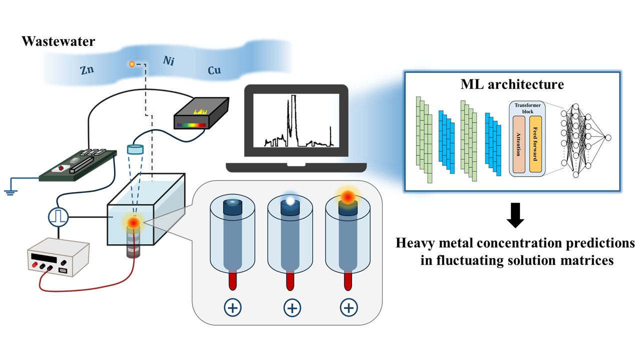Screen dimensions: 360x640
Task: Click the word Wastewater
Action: click(58, 41)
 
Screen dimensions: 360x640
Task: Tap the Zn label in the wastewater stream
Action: click(87, 70)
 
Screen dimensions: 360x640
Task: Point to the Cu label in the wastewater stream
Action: click(214, 71)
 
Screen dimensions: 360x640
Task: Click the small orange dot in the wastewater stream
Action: click(132, 64)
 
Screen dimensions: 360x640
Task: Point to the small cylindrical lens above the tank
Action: click(135, 148)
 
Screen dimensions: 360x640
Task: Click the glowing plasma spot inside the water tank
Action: click(134, 222)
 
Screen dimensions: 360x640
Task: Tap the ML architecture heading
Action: click(511, 84)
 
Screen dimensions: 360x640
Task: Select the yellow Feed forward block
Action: click(535, 143)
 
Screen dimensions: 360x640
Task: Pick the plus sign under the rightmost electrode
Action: click(348, 307)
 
